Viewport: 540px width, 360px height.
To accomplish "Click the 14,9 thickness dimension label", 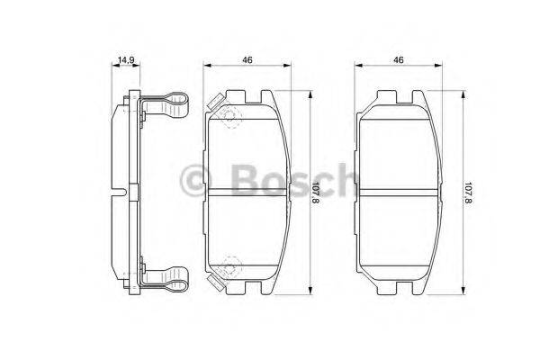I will pyautogui.click(x=125, y=60).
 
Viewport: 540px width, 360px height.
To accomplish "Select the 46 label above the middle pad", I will pyautogui.click(x=246, y=59).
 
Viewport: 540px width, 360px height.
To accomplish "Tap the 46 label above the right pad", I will pyautogui.click(x=397, y=59).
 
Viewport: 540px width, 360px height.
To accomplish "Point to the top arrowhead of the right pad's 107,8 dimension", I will pyautogui.click(x=462, y=92).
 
